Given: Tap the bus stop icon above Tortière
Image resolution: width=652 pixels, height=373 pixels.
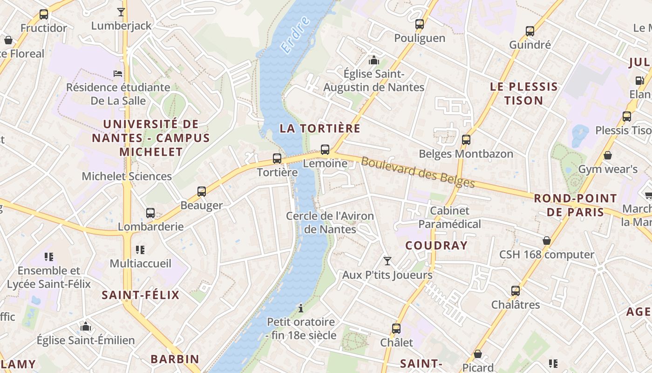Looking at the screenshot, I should [x=277, y=159].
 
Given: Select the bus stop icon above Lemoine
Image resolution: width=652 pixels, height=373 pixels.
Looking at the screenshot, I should [x=325, y=150].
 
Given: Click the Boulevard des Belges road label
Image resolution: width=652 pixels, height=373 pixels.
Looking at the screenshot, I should [x=417, y=173].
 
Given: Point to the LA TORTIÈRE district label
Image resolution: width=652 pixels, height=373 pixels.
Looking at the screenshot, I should [x=320, y=128].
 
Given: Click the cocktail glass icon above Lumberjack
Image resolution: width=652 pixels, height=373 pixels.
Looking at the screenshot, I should [x=121, y=12].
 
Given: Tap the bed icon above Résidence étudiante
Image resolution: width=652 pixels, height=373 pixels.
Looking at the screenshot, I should [x=118, y=74].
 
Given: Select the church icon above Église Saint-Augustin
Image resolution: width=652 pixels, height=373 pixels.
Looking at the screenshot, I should [x=374, y=60].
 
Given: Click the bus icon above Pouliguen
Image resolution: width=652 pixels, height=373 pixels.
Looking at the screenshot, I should [x=420, y=24].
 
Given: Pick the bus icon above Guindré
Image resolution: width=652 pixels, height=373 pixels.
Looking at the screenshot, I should [x=530, y=31].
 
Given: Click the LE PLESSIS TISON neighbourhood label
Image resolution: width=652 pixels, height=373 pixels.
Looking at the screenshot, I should [x=524, y=93].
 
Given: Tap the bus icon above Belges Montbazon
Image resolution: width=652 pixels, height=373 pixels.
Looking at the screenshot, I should [x=466, y=140].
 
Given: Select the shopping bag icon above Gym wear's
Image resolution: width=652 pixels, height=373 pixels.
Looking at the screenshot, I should [x=607, y=155].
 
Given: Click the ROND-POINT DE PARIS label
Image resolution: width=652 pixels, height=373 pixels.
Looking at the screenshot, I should [x=575, y=205].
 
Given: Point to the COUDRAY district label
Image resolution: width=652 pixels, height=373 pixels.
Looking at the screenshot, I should [x=436, y=246].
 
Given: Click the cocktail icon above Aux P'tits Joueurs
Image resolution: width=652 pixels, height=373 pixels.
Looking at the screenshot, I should [x=387, y=261].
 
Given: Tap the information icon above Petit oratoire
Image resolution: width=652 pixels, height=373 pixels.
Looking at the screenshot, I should [x=301, y=308].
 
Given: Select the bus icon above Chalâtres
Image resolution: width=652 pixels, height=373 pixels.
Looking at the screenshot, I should [x=516, y=291].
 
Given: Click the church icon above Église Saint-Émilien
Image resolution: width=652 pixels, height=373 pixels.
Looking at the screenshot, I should [x=86, y=326].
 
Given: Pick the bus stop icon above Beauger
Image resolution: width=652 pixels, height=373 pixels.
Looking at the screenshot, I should [x=202, y=192].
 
